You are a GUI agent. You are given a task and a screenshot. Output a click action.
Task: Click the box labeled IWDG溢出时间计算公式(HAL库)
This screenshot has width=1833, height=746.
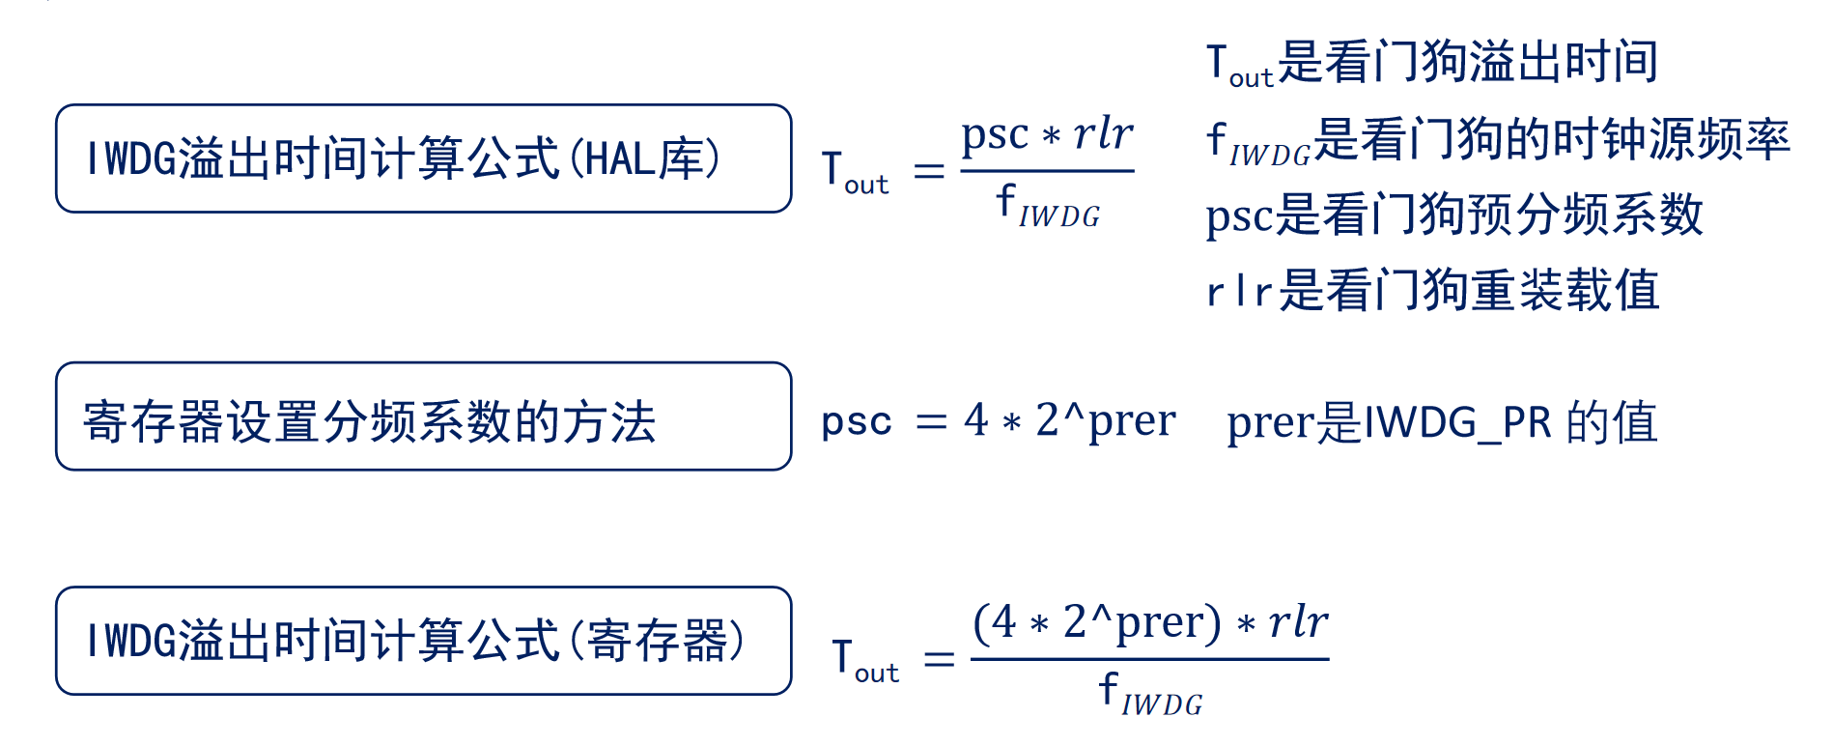(423, 158)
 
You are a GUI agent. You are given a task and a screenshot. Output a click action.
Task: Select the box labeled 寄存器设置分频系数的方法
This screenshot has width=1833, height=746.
(423, 416)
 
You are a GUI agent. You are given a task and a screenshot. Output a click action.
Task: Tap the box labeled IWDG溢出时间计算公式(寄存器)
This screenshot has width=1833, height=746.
(423, 641)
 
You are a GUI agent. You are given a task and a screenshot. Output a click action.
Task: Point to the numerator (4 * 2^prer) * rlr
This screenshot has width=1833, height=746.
(1149, 622)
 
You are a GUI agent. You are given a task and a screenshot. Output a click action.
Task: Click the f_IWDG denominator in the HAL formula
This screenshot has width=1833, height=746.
(1048, 207)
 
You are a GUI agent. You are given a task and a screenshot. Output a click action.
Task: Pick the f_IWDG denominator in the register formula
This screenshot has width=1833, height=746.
(1150, 695)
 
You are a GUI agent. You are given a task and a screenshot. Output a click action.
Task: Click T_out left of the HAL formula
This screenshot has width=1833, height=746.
(854, 171)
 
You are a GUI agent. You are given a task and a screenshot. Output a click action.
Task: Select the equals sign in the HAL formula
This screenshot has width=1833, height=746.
(928, 172)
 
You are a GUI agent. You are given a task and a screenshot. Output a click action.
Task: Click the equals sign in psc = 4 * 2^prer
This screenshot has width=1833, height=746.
(931, 421)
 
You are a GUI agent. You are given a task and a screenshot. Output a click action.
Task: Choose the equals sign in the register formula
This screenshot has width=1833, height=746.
(939, 660)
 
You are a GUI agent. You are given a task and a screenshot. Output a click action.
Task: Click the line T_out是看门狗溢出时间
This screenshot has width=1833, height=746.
(1432, 63)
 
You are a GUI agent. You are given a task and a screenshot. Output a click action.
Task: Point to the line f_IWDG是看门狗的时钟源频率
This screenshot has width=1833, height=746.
(1498, 140)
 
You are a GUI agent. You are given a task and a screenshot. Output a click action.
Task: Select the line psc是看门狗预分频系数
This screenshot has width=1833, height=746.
(1453, 215)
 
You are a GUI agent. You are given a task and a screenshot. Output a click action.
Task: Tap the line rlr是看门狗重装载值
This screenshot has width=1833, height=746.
(1432, 290)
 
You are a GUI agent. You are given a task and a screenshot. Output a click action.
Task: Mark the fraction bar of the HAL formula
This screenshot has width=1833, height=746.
(1047, 171)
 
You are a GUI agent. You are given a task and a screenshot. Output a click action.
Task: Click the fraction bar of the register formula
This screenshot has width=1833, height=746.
(1149, 660)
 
